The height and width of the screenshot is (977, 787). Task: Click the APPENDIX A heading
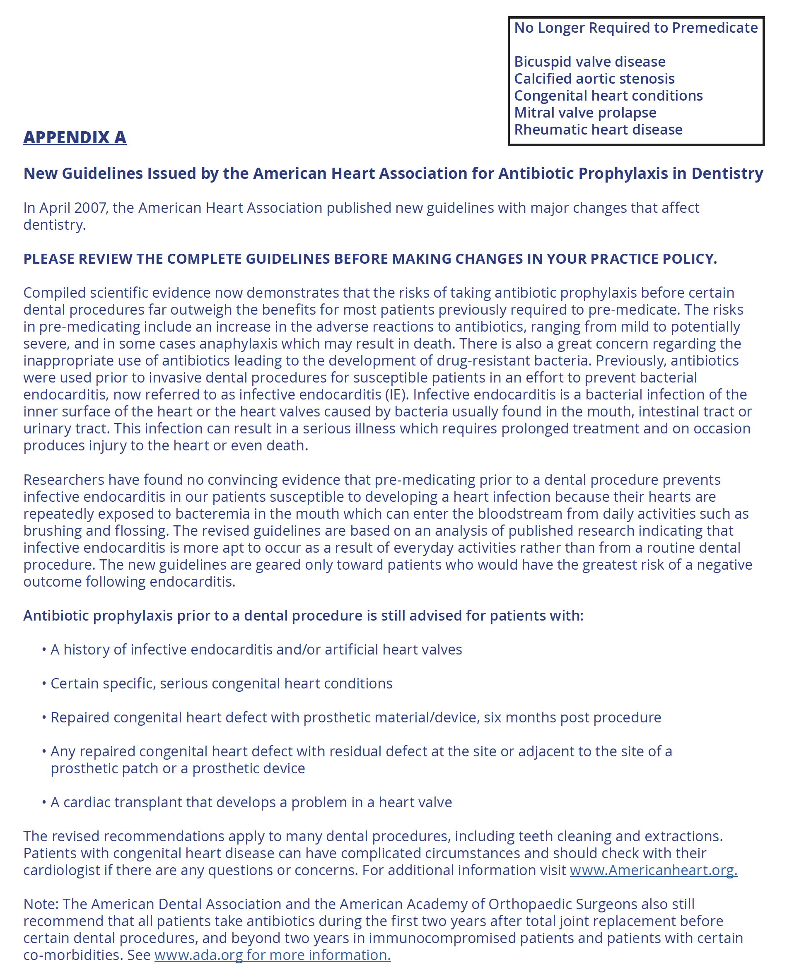75,137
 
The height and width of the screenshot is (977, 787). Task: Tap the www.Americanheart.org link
653,870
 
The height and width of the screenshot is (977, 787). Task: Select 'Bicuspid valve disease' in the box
589,62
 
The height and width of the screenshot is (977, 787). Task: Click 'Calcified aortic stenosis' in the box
594,79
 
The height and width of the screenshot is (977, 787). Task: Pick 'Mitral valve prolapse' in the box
585,112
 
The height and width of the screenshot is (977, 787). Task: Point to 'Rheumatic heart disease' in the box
598,130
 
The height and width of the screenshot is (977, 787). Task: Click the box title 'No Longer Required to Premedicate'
635,28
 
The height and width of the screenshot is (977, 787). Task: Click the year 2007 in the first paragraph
90,208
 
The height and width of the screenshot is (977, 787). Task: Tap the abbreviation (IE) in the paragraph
397,395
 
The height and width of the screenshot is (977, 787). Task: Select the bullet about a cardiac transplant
251,802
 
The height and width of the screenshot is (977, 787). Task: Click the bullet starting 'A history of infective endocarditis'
256,650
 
